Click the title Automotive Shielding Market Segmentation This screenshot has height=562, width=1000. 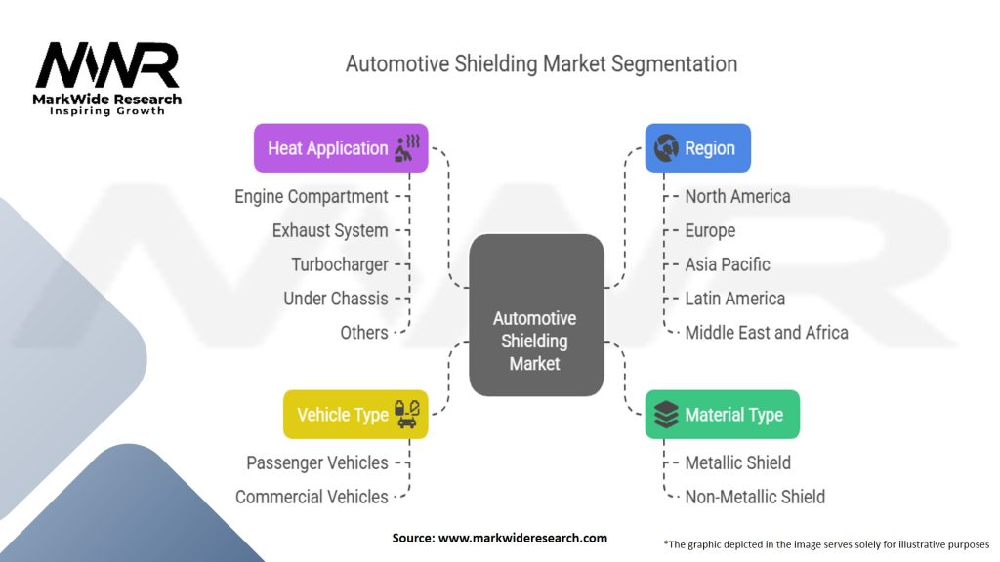click(x=541, y=64)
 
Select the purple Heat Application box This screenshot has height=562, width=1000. click(x=341, y=148)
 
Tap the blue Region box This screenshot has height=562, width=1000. click(x=697, y=148)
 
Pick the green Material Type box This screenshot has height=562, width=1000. click(x=722, y=415)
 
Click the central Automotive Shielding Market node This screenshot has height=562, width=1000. click(x=535, y=340)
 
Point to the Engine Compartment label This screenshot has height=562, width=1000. click(x=312, y=196)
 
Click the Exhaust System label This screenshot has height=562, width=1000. click(x=330, y=230)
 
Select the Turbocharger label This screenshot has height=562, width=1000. click(x=339, y=264)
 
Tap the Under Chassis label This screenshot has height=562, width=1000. click(x=335, y=299)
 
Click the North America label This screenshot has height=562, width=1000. click(x=737, y=196)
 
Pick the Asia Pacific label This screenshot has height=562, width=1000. click(x=728, y=264)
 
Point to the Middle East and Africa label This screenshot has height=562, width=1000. click(x=767, y=332)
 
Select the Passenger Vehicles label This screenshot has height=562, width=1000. click(x=316, y=462)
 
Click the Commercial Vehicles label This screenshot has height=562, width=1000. click(x=312, y=497)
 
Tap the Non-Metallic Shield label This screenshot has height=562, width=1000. click(x=755, y=497)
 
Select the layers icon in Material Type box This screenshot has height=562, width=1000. click(x=666, y=415)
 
